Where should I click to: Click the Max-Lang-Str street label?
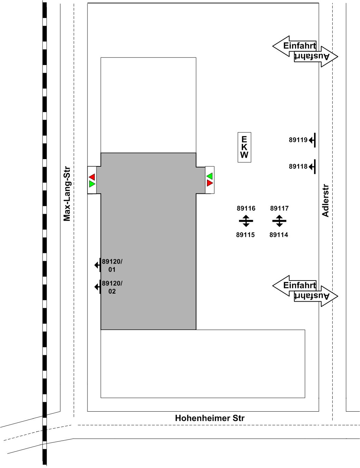(67, 194)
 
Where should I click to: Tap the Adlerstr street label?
(325, 200)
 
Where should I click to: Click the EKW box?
(244, 147)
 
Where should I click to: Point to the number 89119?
(298, 140)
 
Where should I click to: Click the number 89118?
(298, 166)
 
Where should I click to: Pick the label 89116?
(246, 208)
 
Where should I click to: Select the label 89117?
(279, 208)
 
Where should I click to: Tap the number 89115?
(246, 235)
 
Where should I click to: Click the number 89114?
(279, 235)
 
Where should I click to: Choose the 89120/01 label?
(112, 266)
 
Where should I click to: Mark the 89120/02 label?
(112, 287)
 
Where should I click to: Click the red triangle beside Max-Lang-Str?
(92, 177)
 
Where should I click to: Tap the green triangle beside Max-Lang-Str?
(92, 184)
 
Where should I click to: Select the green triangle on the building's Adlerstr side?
(210, 176)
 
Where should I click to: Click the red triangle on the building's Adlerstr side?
(210, 183)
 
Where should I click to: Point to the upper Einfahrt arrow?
(294, 46)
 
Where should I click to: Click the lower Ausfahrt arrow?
(316, 296)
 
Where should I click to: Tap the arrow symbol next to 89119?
(312, 140)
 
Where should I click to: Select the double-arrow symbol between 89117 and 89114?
(279, 221)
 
